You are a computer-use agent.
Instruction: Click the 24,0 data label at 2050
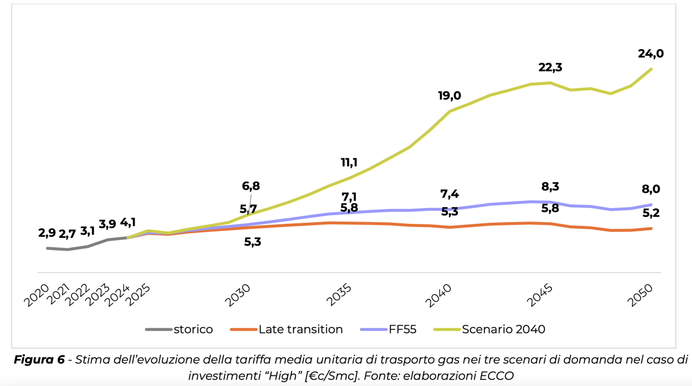click(650, 54)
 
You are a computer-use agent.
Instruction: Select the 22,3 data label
click(551, 68)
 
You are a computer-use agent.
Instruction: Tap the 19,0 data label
click(449, 96)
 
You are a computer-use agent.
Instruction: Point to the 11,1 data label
click(349, 162)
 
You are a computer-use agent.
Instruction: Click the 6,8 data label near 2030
click(251, 186)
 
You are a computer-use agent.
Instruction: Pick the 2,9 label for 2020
click(47, 234)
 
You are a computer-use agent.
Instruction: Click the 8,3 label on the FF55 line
click(550, 187)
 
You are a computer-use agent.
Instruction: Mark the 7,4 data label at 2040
click(450, 194)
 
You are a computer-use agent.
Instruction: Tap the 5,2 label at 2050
click(651, 213)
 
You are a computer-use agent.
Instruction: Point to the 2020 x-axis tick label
click(36, 295)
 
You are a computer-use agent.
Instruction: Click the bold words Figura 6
click(37, 360)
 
